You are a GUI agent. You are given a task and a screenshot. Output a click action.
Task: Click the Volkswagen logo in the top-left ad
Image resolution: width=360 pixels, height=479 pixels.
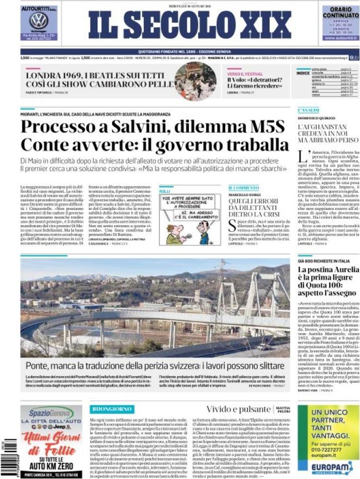(38, 21)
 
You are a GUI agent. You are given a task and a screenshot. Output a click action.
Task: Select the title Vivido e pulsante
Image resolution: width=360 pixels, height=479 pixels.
(237, 409)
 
